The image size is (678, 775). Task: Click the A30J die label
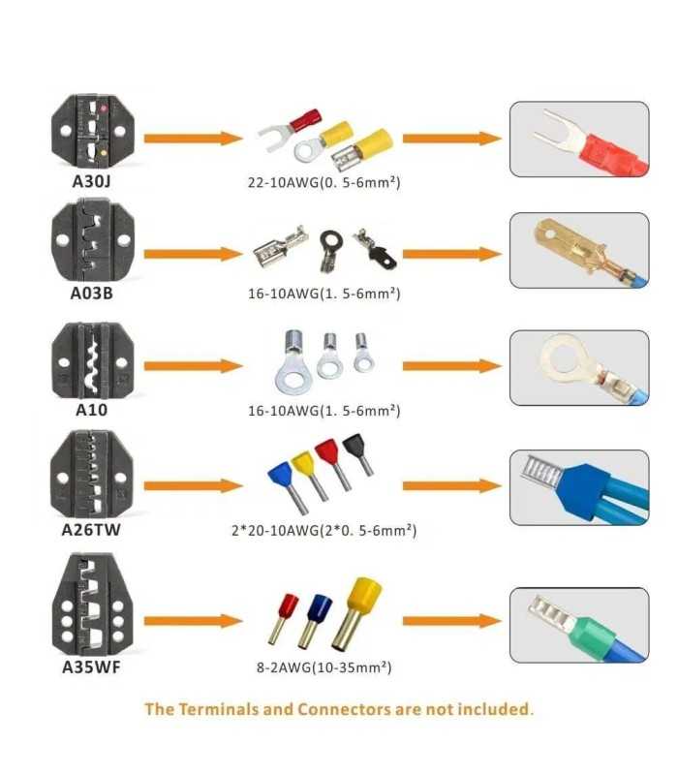pyautogui.click(x=91, y=181)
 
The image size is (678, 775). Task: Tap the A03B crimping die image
pyautogui.click(x=93, y=239)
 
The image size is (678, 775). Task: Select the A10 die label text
pyautogui.click(x=91, y=410)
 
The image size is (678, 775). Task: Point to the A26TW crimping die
pyautogui.click(x=91, y=474)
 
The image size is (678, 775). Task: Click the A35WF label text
pyautogui.click(x=91, y=667)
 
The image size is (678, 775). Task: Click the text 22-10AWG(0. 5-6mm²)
pyautogui.click(x=324, y=182)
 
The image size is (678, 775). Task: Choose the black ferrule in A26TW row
pyautogui.click(x=358, y=453)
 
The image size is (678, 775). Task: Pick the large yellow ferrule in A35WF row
pyautogui.click(x=356, y=614)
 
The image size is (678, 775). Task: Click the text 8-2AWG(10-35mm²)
pyautogui.click(x=324, y=667)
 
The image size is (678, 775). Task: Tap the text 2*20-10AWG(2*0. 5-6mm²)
pyautogui.click(x=324, y=531)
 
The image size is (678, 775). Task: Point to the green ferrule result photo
pyautogui.click(x=579, y=625)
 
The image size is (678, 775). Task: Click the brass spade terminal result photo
pyautogui.click(x=579, y=250)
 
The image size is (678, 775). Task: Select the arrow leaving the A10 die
pyautogui.click(x=193, y=366)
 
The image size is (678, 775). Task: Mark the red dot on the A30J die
pyautogui.click(x=105, y=108)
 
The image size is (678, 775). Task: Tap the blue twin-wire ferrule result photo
pyautogui.click(x=579, y=487)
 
